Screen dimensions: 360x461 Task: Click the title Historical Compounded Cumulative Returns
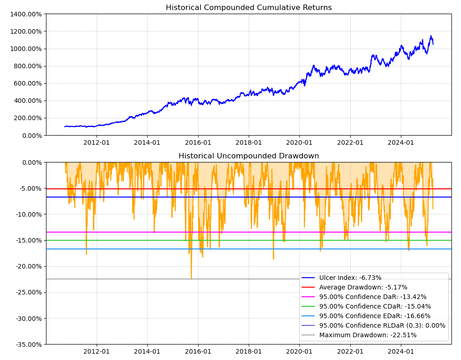point(249,8)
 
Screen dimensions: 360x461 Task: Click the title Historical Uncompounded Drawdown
point(249,156)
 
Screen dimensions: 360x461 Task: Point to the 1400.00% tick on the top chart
point(26,14)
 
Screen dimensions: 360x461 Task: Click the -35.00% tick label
point(27,345)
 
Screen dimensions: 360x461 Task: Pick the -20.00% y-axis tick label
point(27,266)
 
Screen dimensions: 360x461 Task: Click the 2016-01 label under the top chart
point(198,142)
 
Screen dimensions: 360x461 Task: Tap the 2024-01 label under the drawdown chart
point(401,351)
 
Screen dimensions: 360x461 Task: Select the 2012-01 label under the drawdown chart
point(97,351)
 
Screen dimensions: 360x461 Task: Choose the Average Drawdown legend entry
point(363,287)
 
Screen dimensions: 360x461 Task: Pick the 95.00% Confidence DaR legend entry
point(373,297)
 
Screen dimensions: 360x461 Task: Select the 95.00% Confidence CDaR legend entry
point(375,306)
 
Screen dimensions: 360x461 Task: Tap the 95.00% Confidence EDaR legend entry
point(375,316)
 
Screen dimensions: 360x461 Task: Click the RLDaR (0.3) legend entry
point(382,325)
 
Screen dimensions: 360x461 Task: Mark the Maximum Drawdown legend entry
point(368,335)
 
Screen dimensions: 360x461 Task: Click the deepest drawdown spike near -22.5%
point(191,278)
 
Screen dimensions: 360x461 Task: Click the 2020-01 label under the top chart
point(299,142)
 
